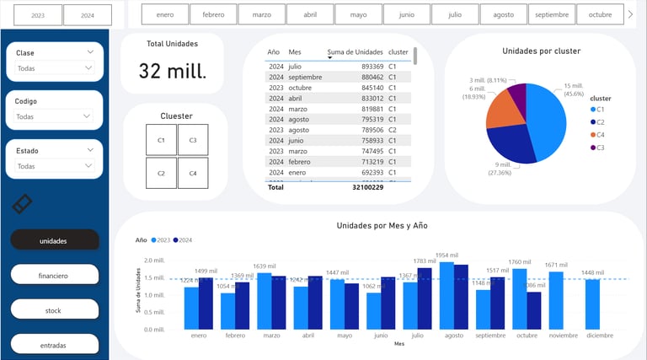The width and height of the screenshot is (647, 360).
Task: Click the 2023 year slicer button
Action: point(38,15)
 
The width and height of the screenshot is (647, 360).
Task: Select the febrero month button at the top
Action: point(213,14)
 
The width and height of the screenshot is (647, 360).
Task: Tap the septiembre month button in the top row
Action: point(552,14)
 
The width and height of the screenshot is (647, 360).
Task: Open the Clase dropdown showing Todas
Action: point(55,68)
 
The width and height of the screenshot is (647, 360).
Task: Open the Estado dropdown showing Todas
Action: point(55,166)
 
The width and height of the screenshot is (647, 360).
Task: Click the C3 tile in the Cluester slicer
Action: point(193,140)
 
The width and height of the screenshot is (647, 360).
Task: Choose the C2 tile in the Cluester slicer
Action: point(161,173)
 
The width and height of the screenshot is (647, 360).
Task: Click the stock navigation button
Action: point(55,310)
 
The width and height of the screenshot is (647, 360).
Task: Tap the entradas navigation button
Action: point(55,345)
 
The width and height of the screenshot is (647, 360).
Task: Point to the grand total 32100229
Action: point(367,187)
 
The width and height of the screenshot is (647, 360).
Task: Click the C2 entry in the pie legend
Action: point(602,121)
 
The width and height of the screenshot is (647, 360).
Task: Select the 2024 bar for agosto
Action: point(461,297)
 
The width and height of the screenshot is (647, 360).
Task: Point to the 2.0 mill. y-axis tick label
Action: point(154,261)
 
